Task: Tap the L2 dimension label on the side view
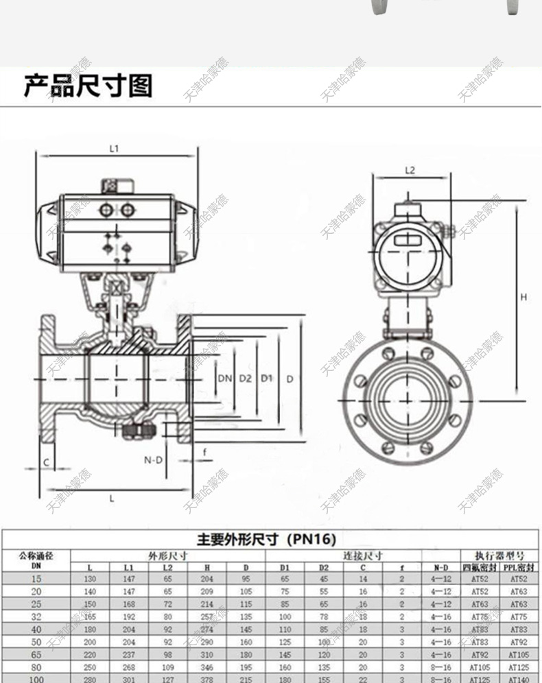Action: click(x=410, y=170)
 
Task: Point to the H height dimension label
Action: click(x=523, y=297)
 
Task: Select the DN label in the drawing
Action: click(x=224, y=379)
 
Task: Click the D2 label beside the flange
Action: click(x=246, y=379)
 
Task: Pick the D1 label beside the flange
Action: click(x=267, y=379)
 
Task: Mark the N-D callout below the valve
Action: click(x=153, y=460)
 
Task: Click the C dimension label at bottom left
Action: click(x=47, y=463)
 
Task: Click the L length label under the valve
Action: click(x=111, y=499)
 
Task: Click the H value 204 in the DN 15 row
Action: click(x=208, y=579)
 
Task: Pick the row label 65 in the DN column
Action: click(x=36, y=654)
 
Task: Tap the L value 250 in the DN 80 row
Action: click(x=90, y=667)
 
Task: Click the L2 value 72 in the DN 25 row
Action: click(x=168, y=604)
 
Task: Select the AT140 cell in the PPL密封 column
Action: click(x=519, y=679)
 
